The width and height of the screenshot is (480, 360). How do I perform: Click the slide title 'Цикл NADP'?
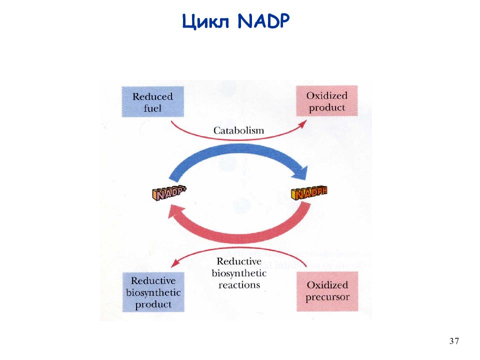click(235, 21)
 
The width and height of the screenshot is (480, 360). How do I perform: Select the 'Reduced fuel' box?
click(153, 101)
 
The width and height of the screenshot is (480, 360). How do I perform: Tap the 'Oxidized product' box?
click(327, 100)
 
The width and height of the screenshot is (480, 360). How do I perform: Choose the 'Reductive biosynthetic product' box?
click(153, 292)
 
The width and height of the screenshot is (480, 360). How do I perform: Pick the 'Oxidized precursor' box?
click(327, 291)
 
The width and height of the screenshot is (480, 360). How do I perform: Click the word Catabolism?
click(238, 130)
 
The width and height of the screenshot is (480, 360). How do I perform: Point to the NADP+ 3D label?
click(169, 193)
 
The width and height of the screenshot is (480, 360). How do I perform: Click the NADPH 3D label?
click(309, 193)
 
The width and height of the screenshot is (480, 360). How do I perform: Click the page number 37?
click(454, 341)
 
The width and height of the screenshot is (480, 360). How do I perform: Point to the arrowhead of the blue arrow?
click(300, 173)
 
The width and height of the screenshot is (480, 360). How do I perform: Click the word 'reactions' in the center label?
click(239, 285)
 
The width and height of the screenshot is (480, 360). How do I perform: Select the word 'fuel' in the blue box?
click(152, 108)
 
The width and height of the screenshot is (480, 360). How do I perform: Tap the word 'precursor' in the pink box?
click(327, 297)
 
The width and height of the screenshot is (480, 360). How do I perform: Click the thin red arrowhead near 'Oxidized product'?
click(303, 123)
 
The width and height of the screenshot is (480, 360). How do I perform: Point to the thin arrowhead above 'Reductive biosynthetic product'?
click(174, 263)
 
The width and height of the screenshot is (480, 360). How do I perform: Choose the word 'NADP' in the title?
click(263, 21)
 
